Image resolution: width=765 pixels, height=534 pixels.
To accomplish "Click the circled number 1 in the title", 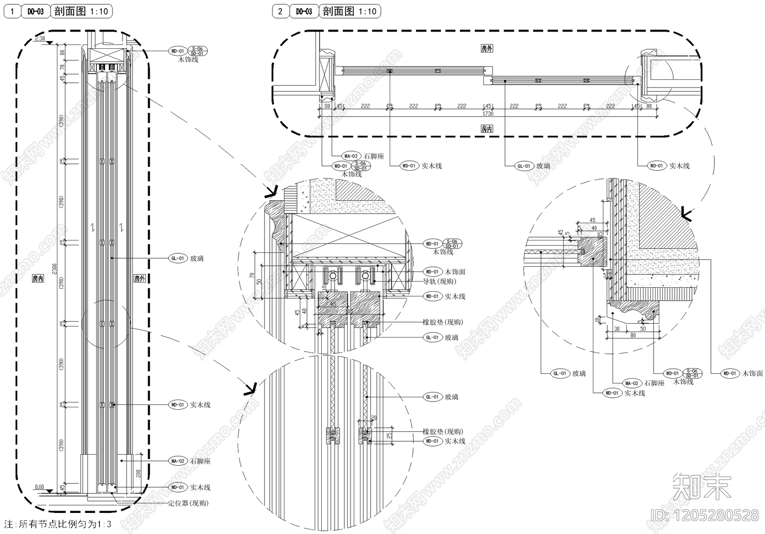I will tap(12, 11).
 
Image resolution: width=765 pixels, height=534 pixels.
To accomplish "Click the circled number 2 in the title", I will tap(280, 11).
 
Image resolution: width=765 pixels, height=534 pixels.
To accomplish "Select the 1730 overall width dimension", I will tap(488, 114).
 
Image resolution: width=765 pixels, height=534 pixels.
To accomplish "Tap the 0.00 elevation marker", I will tap(39, 487).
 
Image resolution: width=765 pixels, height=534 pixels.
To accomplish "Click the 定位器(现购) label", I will tap(188, 503).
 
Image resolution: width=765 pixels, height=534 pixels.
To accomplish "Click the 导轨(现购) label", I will tap(439, 282).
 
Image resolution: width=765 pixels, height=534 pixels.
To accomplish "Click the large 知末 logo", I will tap(701, 486).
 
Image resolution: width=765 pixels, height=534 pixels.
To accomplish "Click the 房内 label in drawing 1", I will tap(38, 278).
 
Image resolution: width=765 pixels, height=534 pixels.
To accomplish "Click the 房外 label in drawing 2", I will tap(487, 48).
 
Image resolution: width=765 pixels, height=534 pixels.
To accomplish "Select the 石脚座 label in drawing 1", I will tap(200, 461).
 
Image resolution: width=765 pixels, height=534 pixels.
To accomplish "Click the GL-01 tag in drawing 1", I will tap(177, 259).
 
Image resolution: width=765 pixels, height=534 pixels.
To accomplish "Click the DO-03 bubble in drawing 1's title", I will tap(36, 11).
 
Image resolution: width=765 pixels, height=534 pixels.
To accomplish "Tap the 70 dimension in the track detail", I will tap(252, 275).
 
